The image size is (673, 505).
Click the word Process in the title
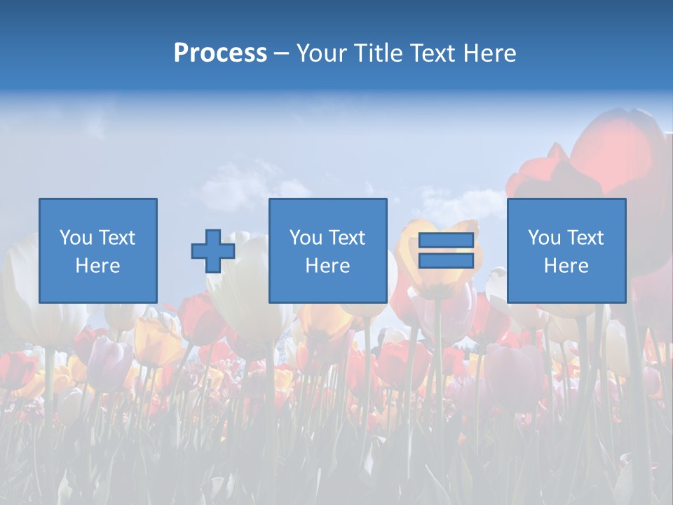point(220,53)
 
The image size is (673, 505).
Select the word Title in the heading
point(379,53)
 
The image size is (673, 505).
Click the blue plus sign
point(213,250)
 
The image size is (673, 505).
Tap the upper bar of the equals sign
point(446,241)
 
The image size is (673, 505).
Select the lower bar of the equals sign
point(446,261)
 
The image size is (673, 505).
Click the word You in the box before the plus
point(76,238)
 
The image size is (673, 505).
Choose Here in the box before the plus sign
point(97,266)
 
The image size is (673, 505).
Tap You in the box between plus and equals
point(306,238)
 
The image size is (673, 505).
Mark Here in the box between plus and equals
point(327,266)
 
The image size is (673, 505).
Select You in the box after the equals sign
point(544,238)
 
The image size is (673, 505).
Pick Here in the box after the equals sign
point(566,266)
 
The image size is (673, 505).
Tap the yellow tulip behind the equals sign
point(435,281)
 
